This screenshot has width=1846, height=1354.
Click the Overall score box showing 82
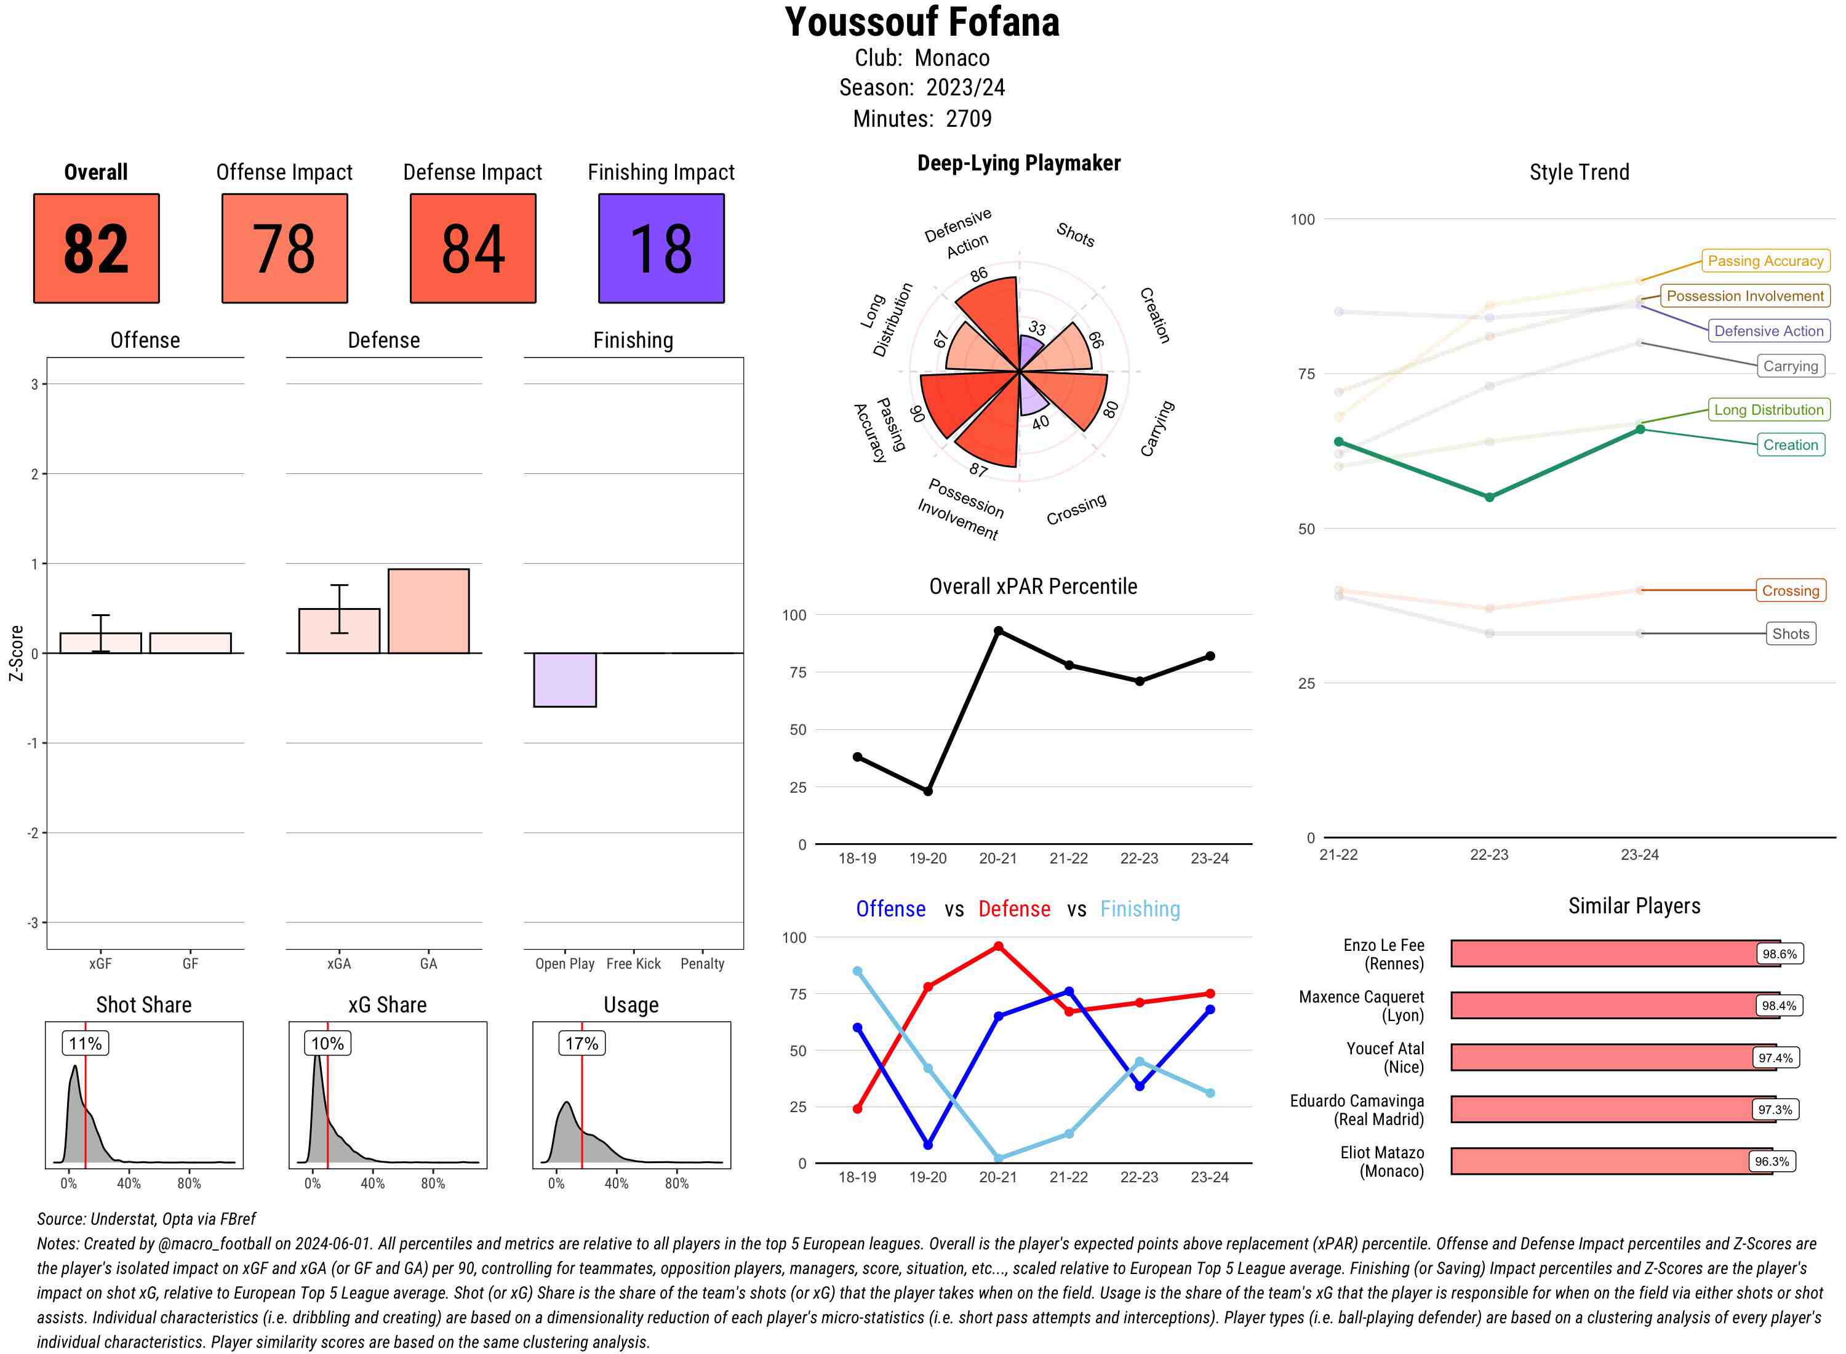pyautogui.click(x=96, y=249)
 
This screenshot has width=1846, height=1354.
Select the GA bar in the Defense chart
pyautogui.click(x=428, y=611)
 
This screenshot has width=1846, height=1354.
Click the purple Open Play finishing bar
pyautogui.click(x=564, y=679)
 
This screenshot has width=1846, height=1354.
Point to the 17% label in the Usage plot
pyautogui.click(x=581, y=1043)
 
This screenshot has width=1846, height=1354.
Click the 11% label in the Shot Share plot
pyautogui.click(x=85, y=1043)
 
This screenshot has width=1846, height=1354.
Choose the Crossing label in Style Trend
pyautogui.click(x=1789, y=590)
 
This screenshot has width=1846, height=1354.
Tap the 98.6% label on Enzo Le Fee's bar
pyautogui.click(x=1779, y=954)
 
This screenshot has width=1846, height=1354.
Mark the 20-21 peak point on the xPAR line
pyautogui.click(x=998, y=631)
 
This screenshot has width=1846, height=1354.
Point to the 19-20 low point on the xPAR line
pyautogui.click(x=927, y=791)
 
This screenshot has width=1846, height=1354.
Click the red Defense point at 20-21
pyautogui.click(x=998, y=947)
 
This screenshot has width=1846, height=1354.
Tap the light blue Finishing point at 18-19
pyautogui.click(x=857, y=971)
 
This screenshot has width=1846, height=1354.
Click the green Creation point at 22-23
pyautogui.click(x=1488, y=497)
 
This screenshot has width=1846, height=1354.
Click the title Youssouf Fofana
pyautogui.click(x=922, y=22)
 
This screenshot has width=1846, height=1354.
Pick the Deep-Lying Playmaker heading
pyautogui.click(x=1018, y=163)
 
